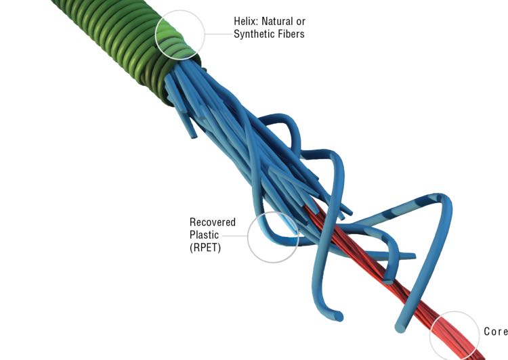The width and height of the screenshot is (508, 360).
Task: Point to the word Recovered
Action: point(213,222)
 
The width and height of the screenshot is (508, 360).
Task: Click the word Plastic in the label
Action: point(204,235)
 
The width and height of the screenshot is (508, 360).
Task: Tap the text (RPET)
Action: point(205,248)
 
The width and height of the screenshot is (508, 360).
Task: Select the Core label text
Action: point(496,331)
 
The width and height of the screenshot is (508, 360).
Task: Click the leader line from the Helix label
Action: point(219,34)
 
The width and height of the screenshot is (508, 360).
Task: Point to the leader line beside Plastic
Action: point(234,235)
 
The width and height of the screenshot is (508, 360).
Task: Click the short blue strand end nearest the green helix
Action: point(194,135)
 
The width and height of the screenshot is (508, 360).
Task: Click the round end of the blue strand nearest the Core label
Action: point(400,328)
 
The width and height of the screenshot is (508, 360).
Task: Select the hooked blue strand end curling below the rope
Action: point(339,316)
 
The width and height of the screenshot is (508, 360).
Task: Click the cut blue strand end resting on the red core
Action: point(388,281)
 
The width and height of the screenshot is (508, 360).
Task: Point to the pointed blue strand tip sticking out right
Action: point(413,256)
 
